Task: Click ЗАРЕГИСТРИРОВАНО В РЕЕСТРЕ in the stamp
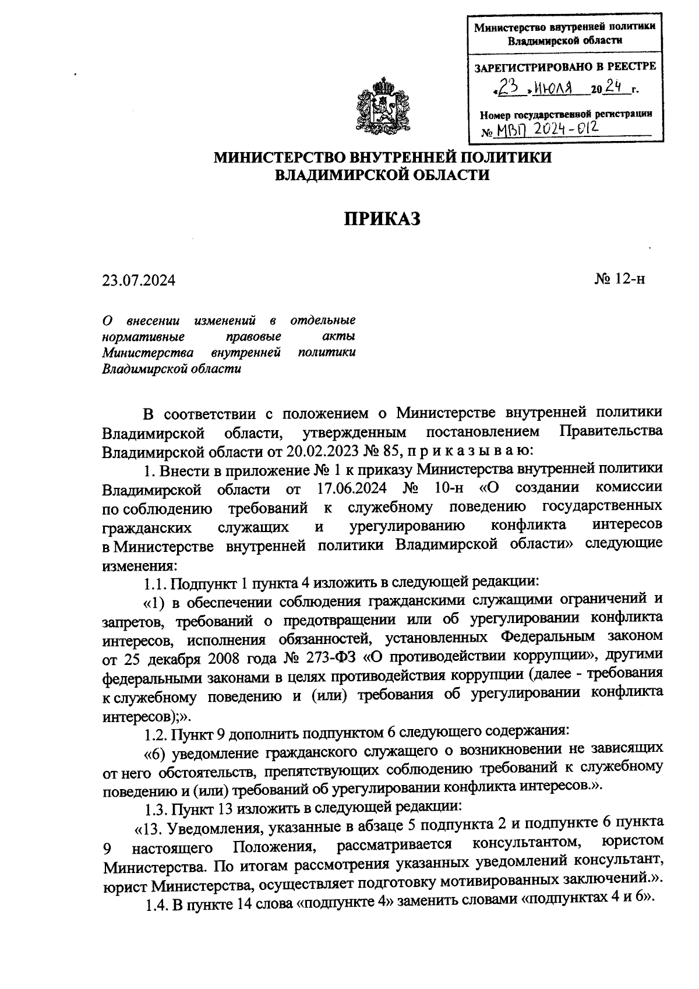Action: point(566,66)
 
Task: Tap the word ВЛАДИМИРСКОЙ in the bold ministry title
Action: point(337,174)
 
